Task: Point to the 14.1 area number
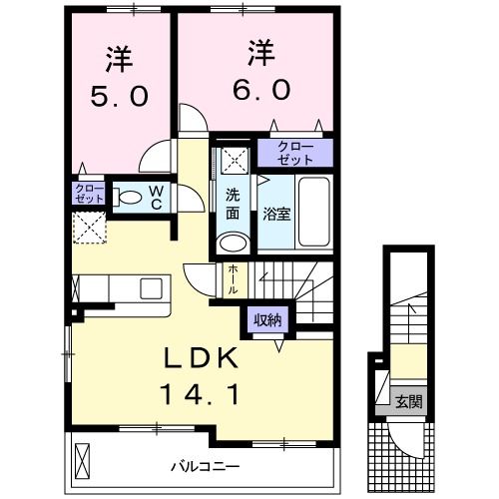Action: pos(200,395)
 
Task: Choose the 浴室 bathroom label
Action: pos(275,213)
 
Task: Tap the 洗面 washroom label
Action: pos(233,204)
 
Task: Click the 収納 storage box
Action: pos(266,319)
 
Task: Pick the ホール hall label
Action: pos(233,276)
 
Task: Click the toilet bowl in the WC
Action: pos(130,197)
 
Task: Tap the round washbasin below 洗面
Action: pos(234,243)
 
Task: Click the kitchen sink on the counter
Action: pos(153,287)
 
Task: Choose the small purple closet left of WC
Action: pos(88,194)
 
